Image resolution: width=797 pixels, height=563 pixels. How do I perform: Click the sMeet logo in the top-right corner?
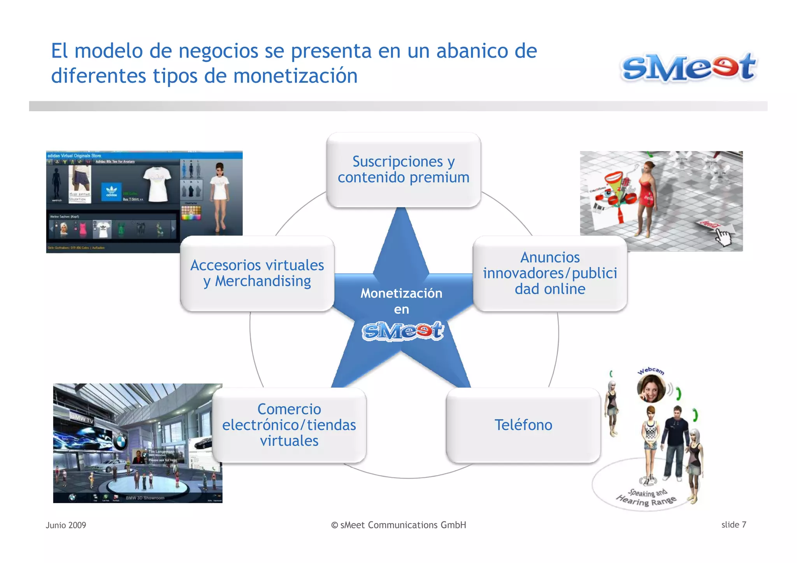(688, 67)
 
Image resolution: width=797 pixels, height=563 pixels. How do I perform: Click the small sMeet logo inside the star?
(402, 331)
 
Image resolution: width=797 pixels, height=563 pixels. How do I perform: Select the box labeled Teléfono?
(523, 425)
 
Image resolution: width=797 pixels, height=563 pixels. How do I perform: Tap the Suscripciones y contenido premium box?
(403, 170)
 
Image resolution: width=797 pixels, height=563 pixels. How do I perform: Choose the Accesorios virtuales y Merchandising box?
(257, 273)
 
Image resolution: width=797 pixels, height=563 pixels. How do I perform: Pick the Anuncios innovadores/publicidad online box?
(549, 273)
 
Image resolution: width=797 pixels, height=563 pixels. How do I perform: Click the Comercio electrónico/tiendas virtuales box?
(289, 425)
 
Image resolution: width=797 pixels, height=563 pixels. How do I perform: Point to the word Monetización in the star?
(401, 293)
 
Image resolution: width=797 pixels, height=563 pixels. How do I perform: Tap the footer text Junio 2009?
(66, 525)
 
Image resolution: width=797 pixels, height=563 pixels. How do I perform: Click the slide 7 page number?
(734, 524)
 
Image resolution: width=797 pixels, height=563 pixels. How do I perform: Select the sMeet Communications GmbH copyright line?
(398, 525)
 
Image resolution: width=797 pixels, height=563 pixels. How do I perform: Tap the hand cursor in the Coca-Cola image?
(723, 237)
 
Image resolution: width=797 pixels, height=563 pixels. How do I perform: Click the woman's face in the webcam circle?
(651, 389)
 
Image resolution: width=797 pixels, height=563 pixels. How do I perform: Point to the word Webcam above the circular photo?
(651, 370)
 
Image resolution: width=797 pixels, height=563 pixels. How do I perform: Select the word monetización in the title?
(295, 76)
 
